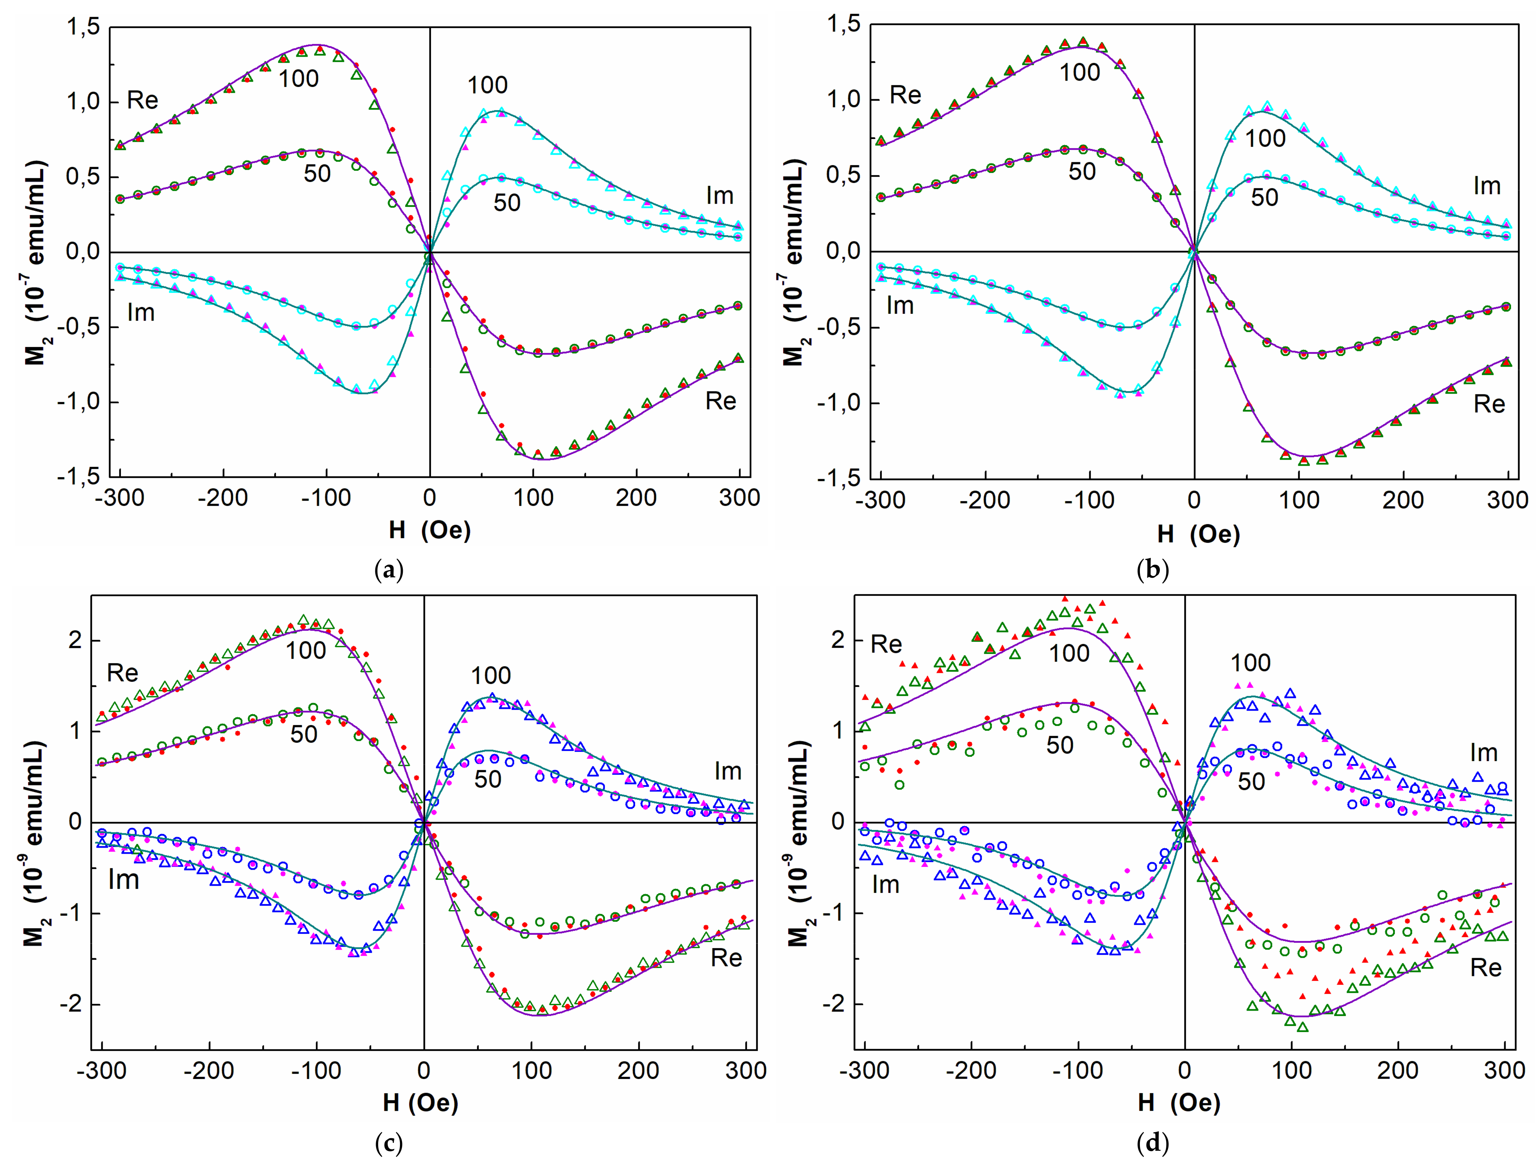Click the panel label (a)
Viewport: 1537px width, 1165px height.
(x=389, y=570)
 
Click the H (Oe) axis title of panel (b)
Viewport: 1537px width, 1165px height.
(x=1199, y=534)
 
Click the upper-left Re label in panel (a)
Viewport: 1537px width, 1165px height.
(x=143, y=101)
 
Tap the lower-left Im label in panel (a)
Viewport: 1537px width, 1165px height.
(x=140, y=313)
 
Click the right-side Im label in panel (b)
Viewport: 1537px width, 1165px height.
(x=1487, y=186)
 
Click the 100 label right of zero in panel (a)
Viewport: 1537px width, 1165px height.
(x=487, y=86)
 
